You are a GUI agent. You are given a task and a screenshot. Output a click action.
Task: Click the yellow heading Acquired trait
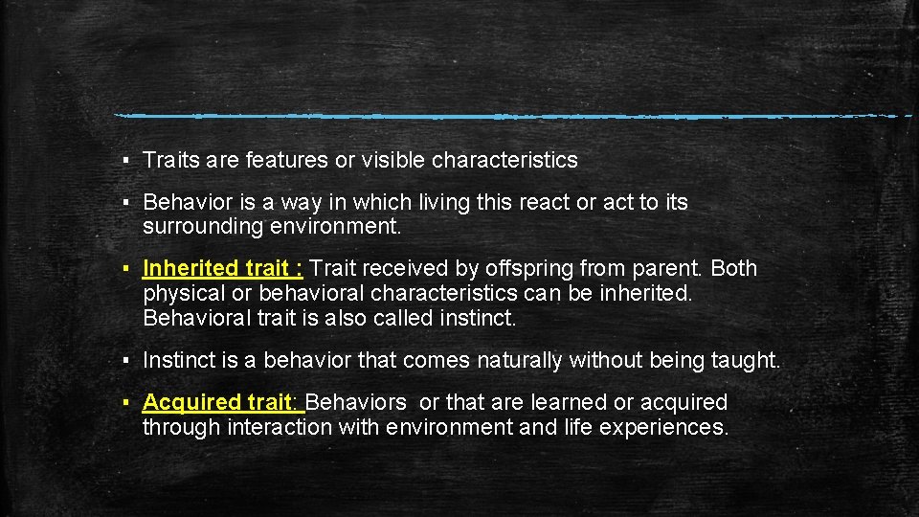[223, 402]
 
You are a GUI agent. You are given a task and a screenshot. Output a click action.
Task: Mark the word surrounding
[194, 227]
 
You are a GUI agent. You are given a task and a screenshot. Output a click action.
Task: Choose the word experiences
[662, 426]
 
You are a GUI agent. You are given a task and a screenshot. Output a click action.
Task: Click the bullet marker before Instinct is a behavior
[126, 361]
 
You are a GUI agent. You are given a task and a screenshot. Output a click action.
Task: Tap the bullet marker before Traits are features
[126, 161]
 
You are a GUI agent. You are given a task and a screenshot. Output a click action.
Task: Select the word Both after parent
[734, 268]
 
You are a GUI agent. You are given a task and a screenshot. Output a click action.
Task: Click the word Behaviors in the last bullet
[358, 402]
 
